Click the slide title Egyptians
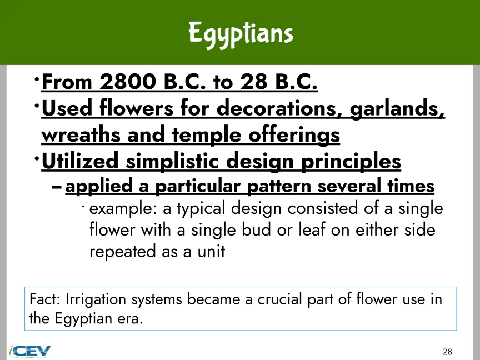(241, 34)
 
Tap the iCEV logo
(29, 351)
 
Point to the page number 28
(447, 352)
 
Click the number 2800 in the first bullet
(128, 82)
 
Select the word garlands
(397, 108)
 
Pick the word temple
(207, 136)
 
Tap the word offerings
(294, 136)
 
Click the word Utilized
(80, 161)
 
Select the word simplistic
(172, 161)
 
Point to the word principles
(351, 161)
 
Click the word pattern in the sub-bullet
(279, 186)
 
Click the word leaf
(312, 229)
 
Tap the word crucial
(280, 299)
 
